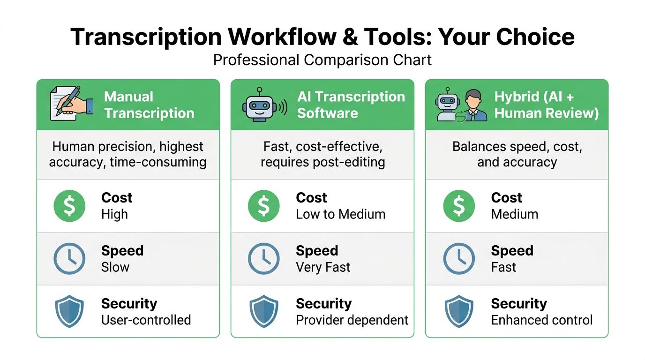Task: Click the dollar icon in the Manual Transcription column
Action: pos(69,206)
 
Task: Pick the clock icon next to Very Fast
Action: pos(263,259)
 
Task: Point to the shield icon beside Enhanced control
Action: pos(458,311)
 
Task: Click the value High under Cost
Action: pos(114,215)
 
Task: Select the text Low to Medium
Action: pos(340,215)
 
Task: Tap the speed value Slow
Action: pos(115,267)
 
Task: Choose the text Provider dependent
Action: pos(352,320)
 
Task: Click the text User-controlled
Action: pos(146,320)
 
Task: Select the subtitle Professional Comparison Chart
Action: pos(322,60)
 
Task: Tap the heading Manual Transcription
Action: pos(149,105)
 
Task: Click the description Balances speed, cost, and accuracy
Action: pos(517,154)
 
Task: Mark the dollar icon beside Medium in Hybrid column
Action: pos(458,206)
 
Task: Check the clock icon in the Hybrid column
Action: pos(458,259)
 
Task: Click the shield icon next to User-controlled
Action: pos(69,311)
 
